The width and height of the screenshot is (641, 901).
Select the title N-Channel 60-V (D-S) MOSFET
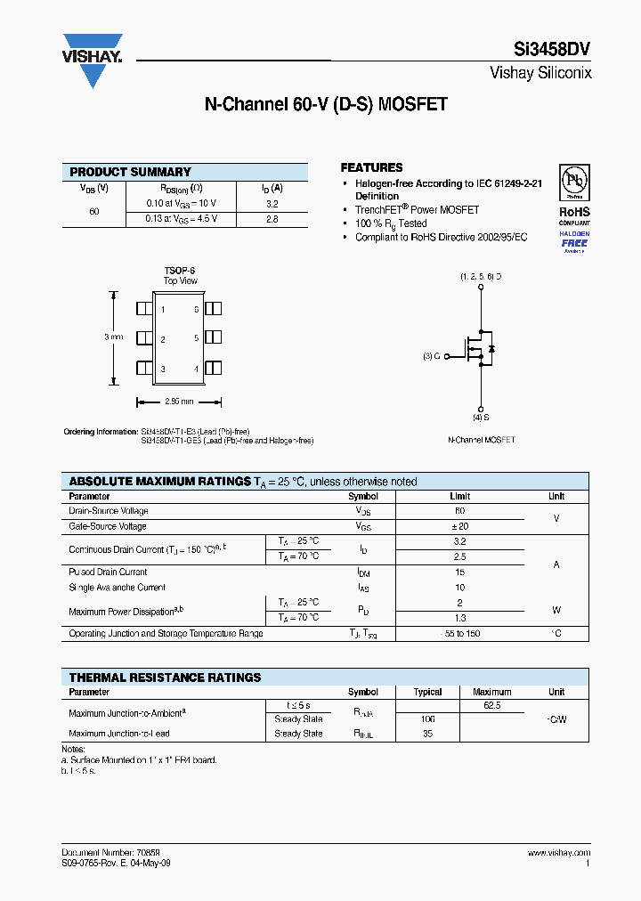326,104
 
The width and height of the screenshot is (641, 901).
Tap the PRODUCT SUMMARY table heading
130,172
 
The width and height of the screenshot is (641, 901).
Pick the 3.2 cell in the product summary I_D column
272,203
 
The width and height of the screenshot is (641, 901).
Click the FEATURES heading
371,167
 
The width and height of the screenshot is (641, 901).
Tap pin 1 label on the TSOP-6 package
163,310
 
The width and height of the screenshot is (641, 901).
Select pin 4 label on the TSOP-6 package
196,369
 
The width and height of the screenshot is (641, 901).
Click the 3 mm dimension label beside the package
113,337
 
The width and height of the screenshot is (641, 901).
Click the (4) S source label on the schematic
481,417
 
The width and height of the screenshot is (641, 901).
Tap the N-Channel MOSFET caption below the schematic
481,440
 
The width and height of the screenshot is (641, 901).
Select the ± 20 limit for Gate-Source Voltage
459,526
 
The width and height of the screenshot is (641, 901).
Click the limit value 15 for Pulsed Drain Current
459,572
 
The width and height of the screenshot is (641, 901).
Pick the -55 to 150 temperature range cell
459,634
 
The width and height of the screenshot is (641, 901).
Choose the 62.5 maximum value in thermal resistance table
491,704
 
